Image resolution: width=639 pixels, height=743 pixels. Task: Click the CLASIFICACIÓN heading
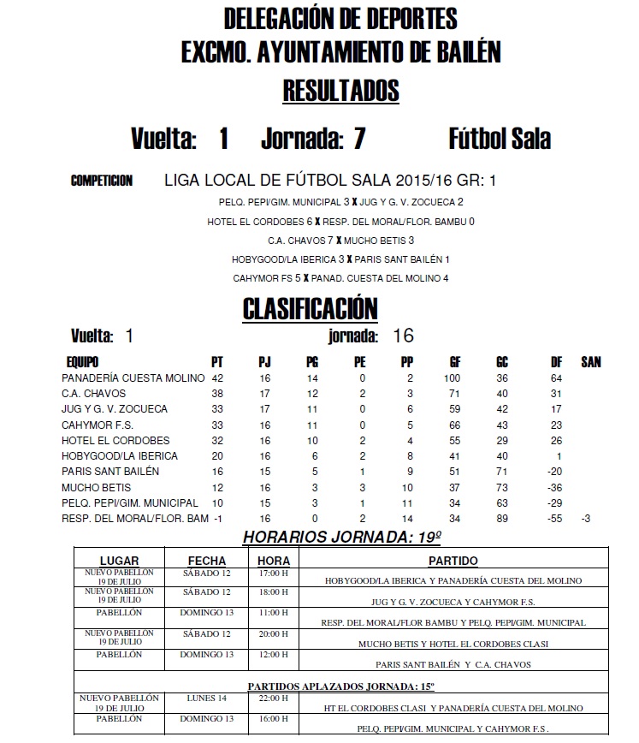310,308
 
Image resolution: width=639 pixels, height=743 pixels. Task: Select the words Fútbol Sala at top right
500,139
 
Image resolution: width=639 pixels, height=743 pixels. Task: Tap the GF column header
454,362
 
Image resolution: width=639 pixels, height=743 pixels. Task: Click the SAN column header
590,362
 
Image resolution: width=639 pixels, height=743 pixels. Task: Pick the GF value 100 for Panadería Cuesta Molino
452,377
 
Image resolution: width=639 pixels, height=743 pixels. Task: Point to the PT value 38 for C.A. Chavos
217,394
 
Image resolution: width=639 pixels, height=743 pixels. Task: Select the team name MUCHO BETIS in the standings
97,487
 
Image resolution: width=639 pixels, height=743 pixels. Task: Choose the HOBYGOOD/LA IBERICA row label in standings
120,456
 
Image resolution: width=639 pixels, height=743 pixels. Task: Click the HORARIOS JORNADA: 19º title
342,538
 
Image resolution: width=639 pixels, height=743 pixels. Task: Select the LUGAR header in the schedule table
119,561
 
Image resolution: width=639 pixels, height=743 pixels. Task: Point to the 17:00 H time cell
273,572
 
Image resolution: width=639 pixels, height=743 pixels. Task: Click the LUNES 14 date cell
208,698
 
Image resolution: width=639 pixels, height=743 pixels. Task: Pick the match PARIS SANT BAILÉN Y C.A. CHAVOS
453,664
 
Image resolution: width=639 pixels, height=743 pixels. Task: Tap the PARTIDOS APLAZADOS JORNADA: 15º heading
341,686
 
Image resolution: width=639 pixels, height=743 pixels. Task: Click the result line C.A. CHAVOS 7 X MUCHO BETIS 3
340,241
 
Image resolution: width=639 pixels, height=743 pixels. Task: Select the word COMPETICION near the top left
102,181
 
